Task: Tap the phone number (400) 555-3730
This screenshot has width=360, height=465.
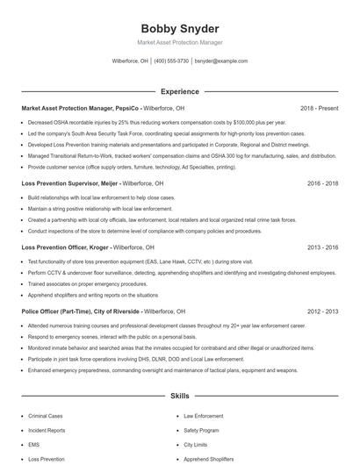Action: (x=171, y=61)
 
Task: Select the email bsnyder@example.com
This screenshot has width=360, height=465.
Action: (x=220, y=61)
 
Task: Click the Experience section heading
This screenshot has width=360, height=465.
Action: (x=179, y=90)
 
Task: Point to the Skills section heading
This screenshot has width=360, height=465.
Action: (x=179, y=397)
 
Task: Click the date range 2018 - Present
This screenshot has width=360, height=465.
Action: (x=319, y=108)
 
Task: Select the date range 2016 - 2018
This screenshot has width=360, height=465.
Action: (x=322, y=184)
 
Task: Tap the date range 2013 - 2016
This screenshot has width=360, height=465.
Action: (x=322, y=248)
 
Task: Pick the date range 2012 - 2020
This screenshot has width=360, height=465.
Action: (x=322, y=311)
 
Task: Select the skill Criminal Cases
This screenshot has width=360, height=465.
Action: (x=46, y=417)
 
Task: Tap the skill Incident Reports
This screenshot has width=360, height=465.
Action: (x=47, y=431)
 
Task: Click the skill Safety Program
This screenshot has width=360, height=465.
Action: (x=201, y=431)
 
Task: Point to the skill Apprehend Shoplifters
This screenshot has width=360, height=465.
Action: (x=209, y=459)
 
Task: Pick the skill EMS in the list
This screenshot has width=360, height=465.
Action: (x=35, y=445)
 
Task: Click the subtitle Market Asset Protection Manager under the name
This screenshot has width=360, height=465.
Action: (x=179, y=42)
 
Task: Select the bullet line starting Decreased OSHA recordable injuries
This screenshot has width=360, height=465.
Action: (x=145, y=123)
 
